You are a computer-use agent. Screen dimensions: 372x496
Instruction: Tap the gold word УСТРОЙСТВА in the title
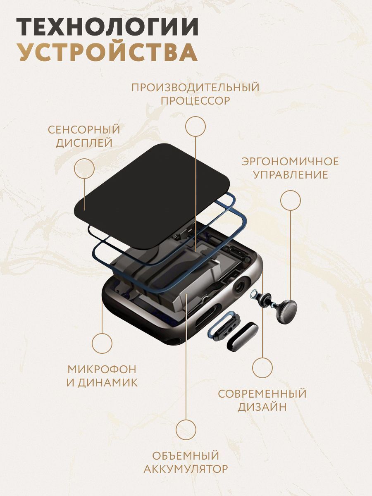click(x=109, y=52)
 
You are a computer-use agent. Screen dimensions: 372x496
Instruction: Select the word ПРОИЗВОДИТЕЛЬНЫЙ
click(x=196, y=88)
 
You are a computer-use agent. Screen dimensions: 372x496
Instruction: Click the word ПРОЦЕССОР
click(x=196, y=100)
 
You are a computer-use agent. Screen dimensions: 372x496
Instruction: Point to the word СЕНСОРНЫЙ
click(x=84, y=130)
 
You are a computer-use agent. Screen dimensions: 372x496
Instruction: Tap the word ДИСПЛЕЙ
click(x=84, y=143)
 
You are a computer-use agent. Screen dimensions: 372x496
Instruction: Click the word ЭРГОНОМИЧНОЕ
click(x=290, y=162)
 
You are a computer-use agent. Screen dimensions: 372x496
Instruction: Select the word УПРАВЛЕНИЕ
click(x=291, y=175)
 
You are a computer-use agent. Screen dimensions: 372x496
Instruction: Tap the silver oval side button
click(x=242, y=337)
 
